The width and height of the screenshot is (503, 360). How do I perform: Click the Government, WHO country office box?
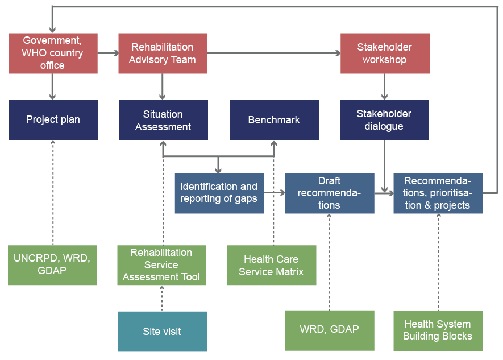pyautogui.click(x=53, y=53)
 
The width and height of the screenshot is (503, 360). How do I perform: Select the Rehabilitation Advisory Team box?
pyautogui.click(x=163, y=53)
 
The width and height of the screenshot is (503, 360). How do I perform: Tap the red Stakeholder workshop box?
pyautogui.click(x=385, y=53)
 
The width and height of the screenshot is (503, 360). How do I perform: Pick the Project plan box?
pyautogui.click(x=53, y=120)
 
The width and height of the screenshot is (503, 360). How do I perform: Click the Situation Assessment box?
pyautogui.click(x=163, y=120)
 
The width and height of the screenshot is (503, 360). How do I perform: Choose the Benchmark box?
pyautogui.click(x=274, y=120)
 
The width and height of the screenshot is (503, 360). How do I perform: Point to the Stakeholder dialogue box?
pyautogui.click(x=384, y=120)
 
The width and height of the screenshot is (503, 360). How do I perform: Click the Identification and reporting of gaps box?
pyautogui.click(x=219, y=193)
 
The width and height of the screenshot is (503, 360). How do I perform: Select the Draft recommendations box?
pyautogui.click(x=330, y=193)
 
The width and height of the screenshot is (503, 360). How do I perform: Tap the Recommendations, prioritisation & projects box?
pyautogui.click(x=438, y=193)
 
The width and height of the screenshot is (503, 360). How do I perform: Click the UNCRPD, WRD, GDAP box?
pyautogui.click(x=52, y=265)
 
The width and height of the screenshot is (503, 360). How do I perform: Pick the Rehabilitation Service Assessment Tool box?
pyautogui.click(x=161, y=265)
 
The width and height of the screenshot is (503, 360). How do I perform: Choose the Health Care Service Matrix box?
pyautogui.click(x=271, y=265)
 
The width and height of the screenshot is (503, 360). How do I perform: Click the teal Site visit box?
pyautogui.click(x=162, y=331)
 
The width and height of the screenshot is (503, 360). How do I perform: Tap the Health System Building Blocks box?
pyautogui.click(x=438, y=330)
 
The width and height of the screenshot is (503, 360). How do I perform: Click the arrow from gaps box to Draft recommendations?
pyautogui.click(x=275, y=193)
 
